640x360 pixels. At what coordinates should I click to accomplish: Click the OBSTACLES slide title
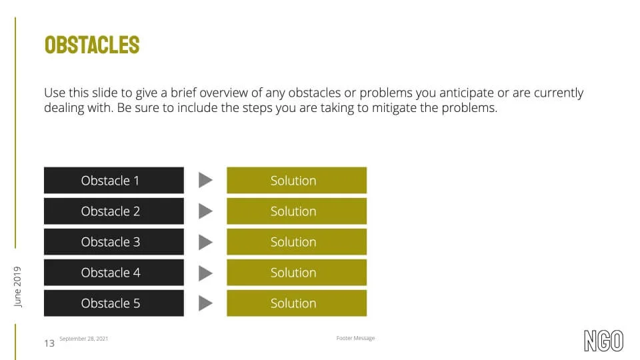pyautogui.click(x=92, y=45)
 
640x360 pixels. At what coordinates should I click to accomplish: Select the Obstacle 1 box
pyautogui.click(x=114, y=180)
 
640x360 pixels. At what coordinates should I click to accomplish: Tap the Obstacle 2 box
pyautogui.click(x=114, y=211)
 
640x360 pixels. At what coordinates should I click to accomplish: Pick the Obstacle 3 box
pyautogui.click(x=114, y=241)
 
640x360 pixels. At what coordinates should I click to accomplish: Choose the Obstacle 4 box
pyautogui.click(x=114, y=272)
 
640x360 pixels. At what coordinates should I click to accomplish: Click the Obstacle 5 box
pyautogui.click(x=114, y=303)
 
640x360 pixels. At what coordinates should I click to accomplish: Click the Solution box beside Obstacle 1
pyautogui.click(x=297, y=180)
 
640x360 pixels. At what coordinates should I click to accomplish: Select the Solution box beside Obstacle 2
pyautogui.click(x=297, y=211)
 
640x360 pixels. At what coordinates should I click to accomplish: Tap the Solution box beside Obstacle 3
pyautogui.click(x=297, y=241)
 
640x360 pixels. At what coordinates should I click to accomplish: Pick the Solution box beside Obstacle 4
pyautogui.click(x=297, y=272)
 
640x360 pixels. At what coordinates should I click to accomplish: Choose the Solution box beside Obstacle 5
pyautogui.click(x=297, y=303)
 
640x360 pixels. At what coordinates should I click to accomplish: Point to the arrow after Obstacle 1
pyautogui.click(x=205, y=180)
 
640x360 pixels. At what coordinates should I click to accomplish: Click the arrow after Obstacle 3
pyautogui.click(x=205, y=242)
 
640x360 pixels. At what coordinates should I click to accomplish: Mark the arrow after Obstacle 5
pyautogui.click(x=205, y=303)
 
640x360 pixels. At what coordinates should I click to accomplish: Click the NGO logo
pyautogui.click(x=604, y=341)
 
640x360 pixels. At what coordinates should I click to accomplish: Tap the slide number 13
pyautogui.click(x=49, y=343)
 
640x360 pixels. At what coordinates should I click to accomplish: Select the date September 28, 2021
pyautogui.click(x=84, y=339)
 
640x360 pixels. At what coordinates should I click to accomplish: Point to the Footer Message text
pyautogui.click(x=355, y=338)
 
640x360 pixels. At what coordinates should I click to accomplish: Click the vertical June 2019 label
pyautogui.click(x=17, y=287)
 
